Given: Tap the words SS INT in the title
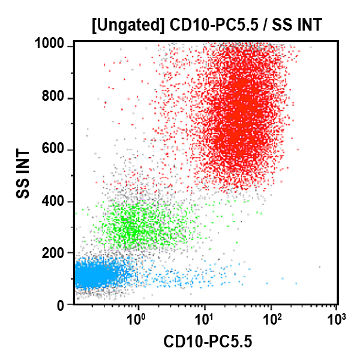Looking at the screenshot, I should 294,25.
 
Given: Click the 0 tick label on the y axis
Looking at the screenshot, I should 61,305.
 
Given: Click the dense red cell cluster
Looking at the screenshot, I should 240,120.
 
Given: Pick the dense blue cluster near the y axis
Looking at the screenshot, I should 93,277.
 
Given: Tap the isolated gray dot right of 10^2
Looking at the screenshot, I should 320,267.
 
